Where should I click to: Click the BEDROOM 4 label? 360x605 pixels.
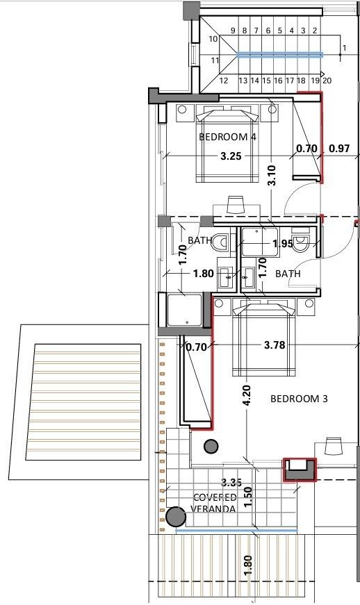pos(227,137)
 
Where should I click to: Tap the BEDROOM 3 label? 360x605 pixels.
pos(298,399)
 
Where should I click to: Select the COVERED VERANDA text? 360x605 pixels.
pos(215,503)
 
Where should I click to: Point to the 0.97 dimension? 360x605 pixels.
pos(339,148)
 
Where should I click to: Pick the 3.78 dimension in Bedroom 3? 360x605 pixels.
pos(275,344)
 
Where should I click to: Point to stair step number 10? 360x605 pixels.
pos(213,39)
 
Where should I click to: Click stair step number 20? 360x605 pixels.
pos(327,81)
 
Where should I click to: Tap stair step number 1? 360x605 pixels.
pos(344,48)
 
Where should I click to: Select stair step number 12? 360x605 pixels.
pos(224,81)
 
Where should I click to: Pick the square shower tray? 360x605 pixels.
pos(184,310)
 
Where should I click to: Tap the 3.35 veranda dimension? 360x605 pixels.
pos(231,482)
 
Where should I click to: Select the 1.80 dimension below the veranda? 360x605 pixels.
pos(248,565)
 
